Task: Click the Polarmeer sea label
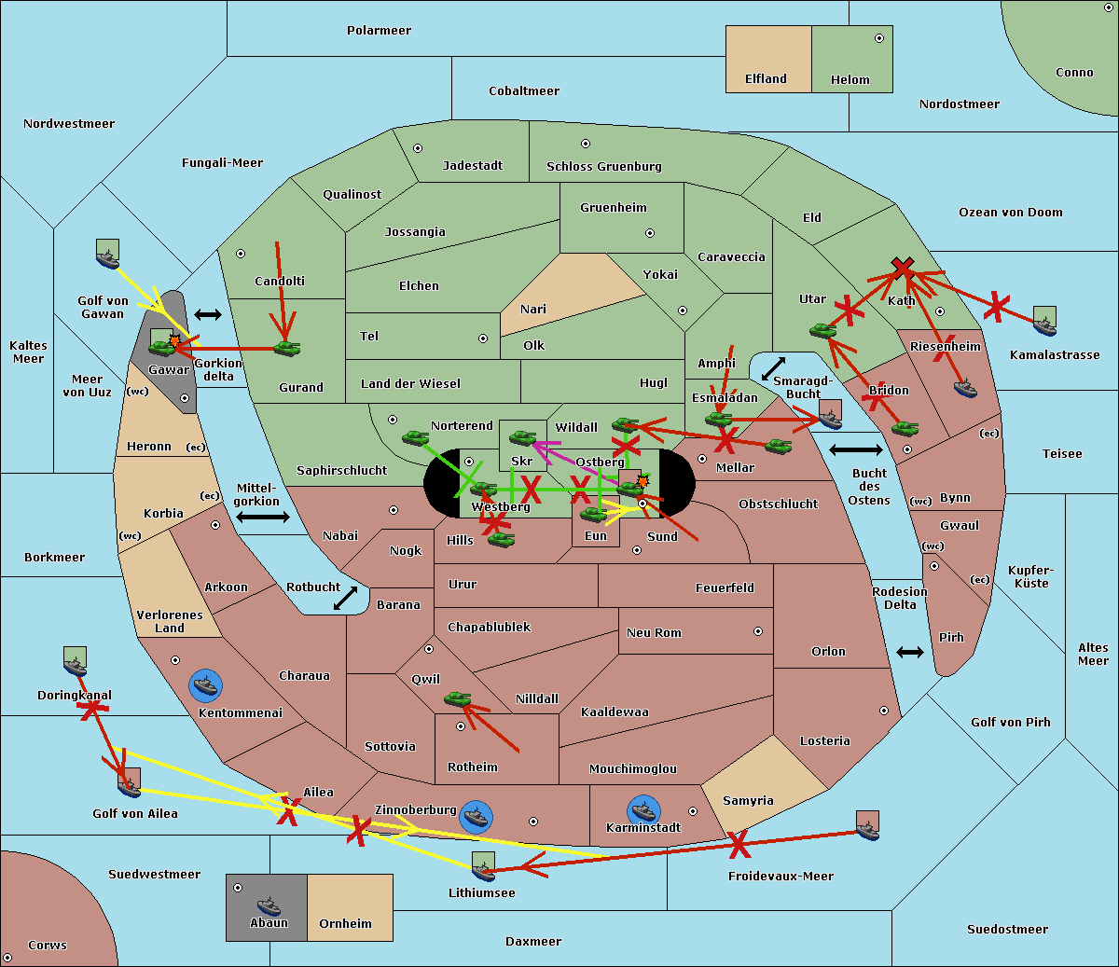[x=379, y=31]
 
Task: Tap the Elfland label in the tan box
[x=766, y=79]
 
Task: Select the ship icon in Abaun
[x=269, y=905]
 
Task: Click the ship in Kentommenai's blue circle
[x=205, y=684]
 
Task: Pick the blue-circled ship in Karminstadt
[x=643, y=811]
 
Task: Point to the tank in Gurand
[x=287, y=348]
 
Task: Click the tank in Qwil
[x=458, y=698]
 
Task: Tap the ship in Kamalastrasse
[x=1044, y=326]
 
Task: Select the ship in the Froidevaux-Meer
[x=868, y=831]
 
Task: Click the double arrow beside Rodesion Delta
[x=910, y=652]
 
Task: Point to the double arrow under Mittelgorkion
[x=263, y=517]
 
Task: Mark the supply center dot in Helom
[x=879, y=38]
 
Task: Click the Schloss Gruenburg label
[x=604, y=166]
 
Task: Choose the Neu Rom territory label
[x=654, y=632]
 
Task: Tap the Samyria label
[x=748, y=800]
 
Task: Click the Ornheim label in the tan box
[x=345, y=923]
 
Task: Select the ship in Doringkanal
[x=76, y=666]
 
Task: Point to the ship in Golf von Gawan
[x=108, y=258]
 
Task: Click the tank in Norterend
[x=416, y=437]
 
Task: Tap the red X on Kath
[x=903, y=267]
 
